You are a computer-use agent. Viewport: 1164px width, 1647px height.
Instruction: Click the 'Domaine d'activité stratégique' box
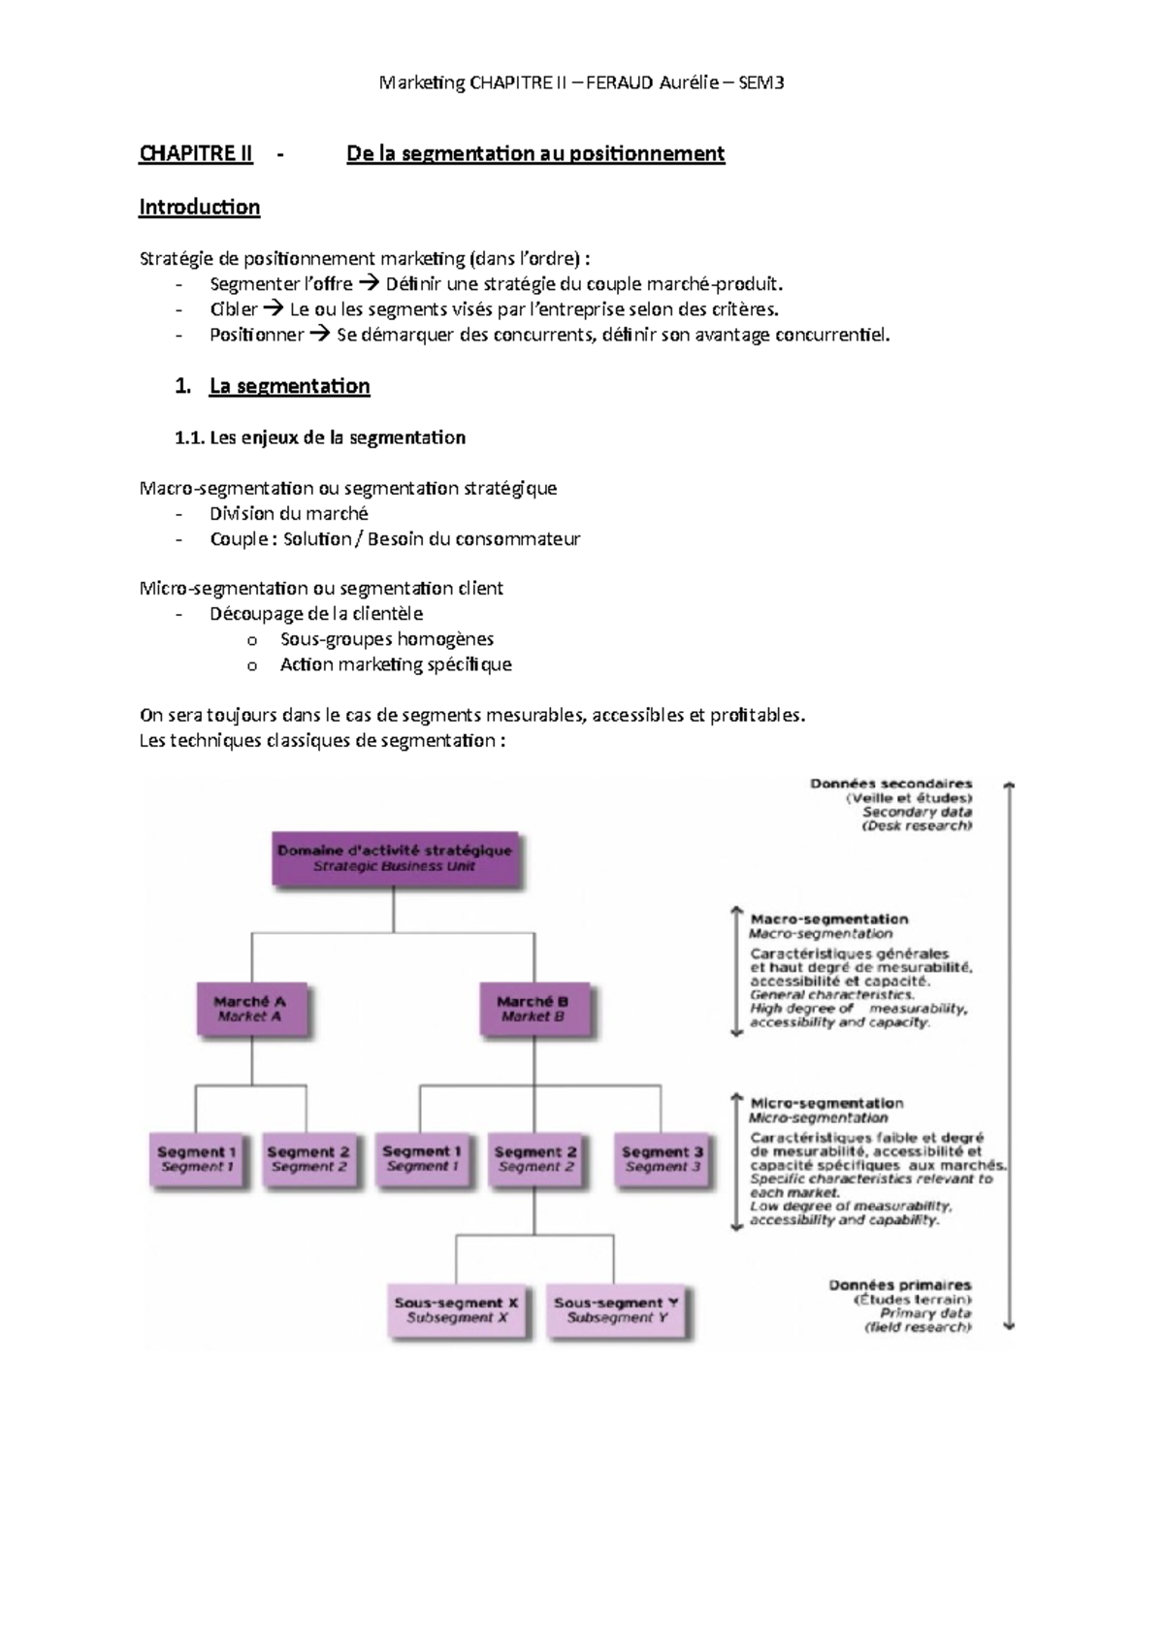click(x=396, y=858)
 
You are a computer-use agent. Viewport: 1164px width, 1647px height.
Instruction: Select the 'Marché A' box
click(x=250, y=1009)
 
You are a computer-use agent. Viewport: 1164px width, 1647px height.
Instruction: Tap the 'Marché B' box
click(x=533, y=1009)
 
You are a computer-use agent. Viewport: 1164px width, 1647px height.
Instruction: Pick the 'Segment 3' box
click(x=663, y=1159)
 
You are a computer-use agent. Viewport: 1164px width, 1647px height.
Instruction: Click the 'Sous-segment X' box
click(x=457, y=1310)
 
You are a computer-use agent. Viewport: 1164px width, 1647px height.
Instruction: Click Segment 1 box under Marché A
click(x=197, y=1159)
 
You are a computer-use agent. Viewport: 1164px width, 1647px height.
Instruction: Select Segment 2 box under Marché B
click(x=535, y=1159)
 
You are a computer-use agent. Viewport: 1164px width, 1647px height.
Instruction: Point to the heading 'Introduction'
click(x=199, y=207)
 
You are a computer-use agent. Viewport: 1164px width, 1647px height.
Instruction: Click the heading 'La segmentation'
click(x=289, y=386)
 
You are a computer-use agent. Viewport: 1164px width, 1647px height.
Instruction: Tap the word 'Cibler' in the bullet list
click(x=234, y=309)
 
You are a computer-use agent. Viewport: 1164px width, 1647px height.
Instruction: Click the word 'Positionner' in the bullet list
click(x=257, y=335)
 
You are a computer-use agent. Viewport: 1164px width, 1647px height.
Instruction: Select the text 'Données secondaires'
click(x=890, y=784)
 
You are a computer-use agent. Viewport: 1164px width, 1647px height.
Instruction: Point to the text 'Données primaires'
click(x=899, y=1285)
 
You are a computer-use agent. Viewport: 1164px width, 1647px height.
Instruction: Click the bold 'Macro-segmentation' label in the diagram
click(x=828, y=919)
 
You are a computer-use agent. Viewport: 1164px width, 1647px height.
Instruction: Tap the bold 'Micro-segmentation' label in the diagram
click(x=826, y=1103)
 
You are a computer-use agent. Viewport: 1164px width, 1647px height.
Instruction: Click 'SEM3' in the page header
click(x=760, y=82)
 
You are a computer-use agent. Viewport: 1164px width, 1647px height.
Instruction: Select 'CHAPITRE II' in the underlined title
click(x=196, y=153)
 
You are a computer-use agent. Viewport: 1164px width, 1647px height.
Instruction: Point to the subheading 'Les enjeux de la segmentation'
click(x=337, y=437)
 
